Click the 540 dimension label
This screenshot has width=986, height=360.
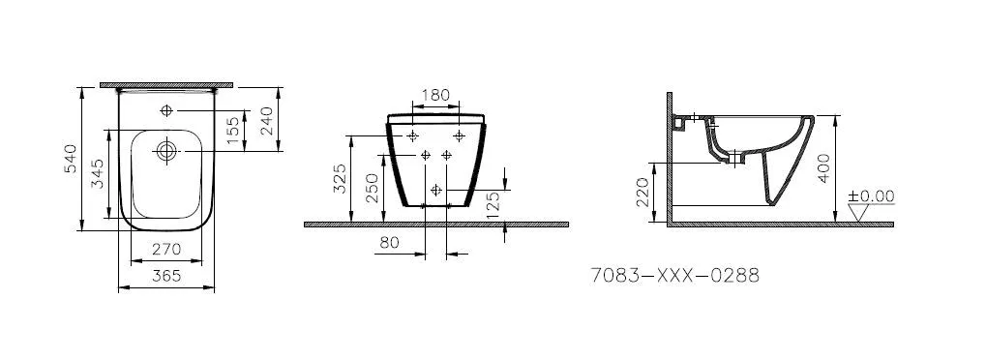coord(70,160)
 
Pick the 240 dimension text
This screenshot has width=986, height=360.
coord(266,121)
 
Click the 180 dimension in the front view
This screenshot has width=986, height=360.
coord(436,95)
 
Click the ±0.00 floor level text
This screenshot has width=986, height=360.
coord(871,195)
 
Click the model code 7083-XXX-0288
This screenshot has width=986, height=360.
coord(674,276)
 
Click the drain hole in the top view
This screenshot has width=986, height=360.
coord(165,150)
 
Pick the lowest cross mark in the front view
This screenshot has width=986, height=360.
coord(435,188)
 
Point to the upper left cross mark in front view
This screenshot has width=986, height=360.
coord(413,135)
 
